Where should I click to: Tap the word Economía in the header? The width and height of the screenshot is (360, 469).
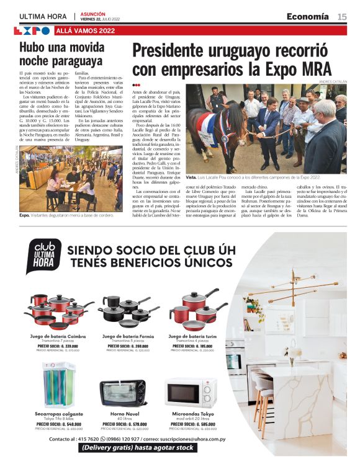(307, 16)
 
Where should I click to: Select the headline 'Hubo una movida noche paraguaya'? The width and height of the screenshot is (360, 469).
(61, 54)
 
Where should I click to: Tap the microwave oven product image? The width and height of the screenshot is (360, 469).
(191, 393)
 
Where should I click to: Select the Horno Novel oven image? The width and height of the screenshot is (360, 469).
(123, 393)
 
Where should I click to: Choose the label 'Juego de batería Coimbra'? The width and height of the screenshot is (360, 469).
(58, 336)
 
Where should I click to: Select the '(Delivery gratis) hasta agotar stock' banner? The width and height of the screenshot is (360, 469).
(143, 449)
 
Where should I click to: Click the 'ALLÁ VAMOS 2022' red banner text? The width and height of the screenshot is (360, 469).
(85, 30)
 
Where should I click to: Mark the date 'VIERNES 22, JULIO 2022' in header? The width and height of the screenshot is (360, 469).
(102, 19)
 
